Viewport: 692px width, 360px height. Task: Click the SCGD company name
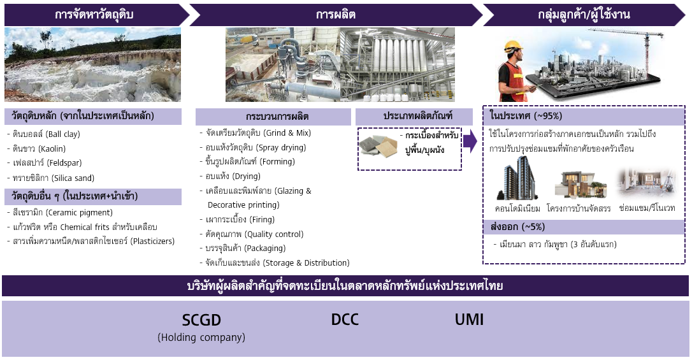point(201,320)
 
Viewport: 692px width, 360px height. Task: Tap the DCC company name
point(345,319)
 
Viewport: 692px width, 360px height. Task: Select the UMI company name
point(469,319)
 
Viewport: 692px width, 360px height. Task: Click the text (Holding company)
point(201,337)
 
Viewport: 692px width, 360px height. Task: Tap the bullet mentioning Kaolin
point(40,148)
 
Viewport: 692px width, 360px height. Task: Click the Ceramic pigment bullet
point(62,212)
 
